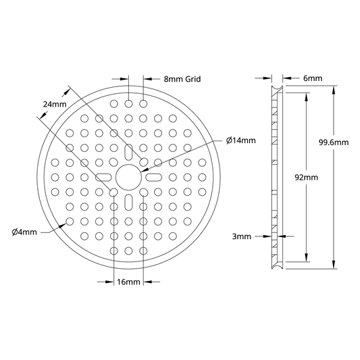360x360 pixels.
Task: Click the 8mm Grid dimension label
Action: point(182,79)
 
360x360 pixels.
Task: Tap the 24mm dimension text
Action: point(55,105)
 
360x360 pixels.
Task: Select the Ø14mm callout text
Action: point(241,140)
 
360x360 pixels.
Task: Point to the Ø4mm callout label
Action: point(24,232)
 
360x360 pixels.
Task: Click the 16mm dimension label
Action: point(128,282)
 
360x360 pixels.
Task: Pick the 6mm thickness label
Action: point(313,78)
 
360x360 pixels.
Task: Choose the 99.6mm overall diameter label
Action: point(334,143)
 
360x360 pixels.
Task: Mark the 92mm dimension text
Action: point(306,178)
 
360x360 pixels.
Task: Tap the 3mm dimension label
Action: point(242,236)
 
